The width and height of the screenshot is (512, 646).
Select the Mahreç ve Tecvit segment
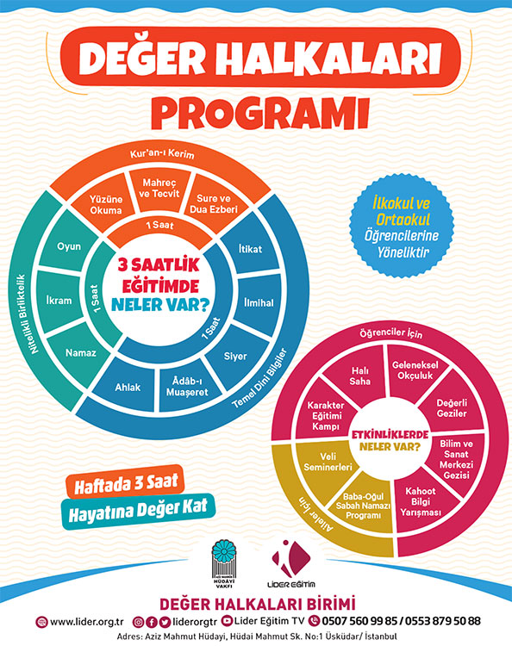[x=159, y=189]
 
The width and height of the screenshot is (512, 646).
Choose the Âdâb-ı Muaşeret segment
[x=188, y=388]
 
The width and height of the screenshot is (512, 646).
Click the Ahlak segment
[x=128, y=387]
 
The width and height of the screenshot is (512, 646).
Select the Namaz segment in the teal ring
[x=81, y=352]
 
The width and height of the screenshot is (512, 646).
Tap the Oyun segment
[x=69, y=246]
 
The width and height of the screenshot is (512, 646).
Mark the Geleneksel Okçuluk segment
[x=415, y=370]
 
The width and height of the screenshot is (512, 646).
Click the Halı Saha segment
[x=359, y=376]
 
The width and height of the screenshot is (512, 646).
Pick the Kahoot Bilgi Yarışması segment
[x=421, y=502]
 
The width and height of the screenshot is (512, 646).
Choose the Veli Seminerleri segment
[x=328, y=462]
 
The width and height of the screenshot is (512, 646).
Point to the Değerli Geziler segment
[x=452, y=408]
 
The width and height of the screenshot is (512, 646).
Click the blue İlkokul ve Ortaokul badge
[x=402, y=227]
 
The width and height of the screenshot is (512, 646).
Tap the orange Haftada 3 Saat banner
[x=125, y=481]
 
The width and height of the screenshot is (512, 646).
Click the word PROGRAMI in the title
[x=260, y=114]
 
